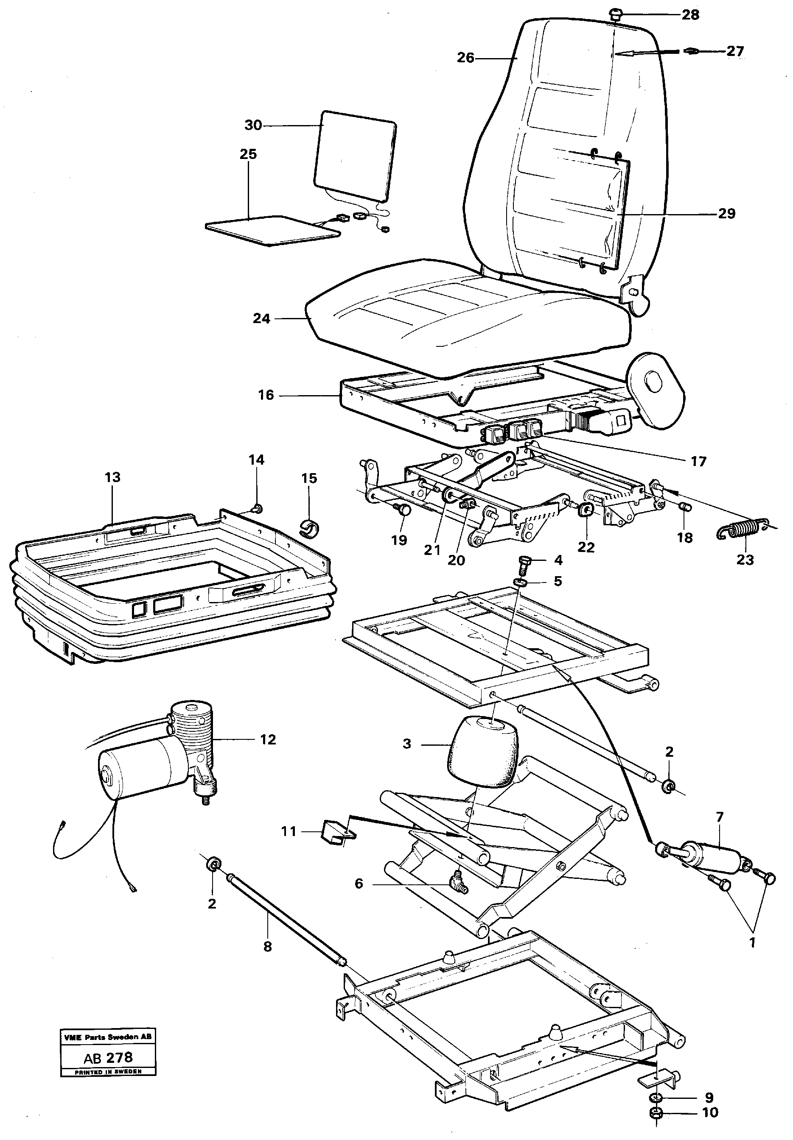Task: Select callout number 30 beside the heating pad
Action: pyautogui.click(x=253, y=125)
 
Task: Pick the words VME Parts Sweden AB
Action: pyautogui.click(x=108, y=1037)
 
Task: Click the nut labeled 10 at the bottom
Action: pyautogui.click(x=656, y=1114)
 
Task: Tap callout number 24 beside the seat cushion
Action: pyautogui.click(x=261, y=318)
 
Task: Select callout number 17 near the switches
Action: pyautogui.click(x=698, y=462)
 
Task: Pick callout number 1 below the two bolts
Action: pyautogui.click(x=752, y=942)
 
